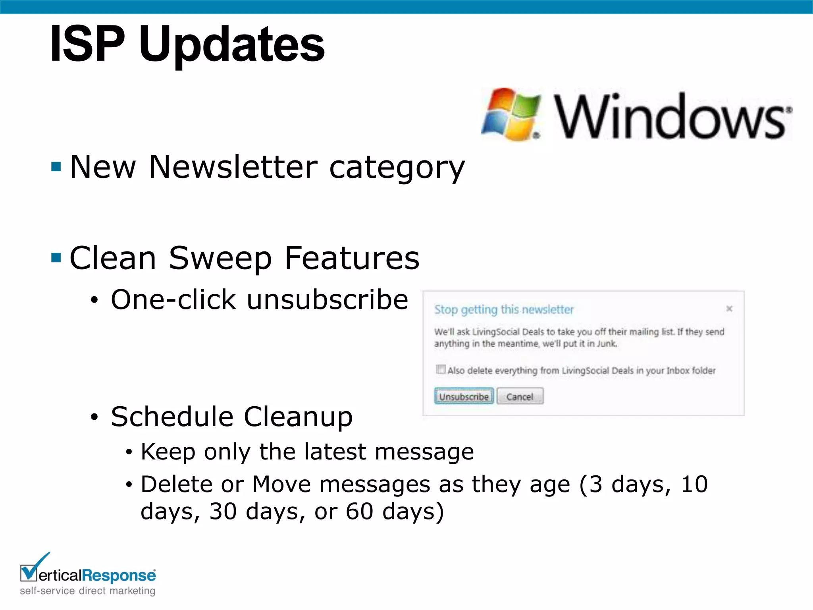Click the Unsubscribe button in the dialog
click(464, 396)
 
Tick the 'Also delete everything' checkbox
click(441, 369)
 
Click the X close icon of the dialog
click(729, 309)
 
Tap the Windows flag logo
click(511, 114)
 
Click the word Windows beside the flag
click(671, 117)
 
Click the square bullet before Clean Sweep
click(56, 258)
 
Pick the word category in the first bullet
click(397, 168)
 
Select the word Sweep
click(220, 258)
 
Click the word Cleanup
click(298, 417)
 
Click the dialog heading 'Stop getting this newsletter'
click(504, 309)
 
